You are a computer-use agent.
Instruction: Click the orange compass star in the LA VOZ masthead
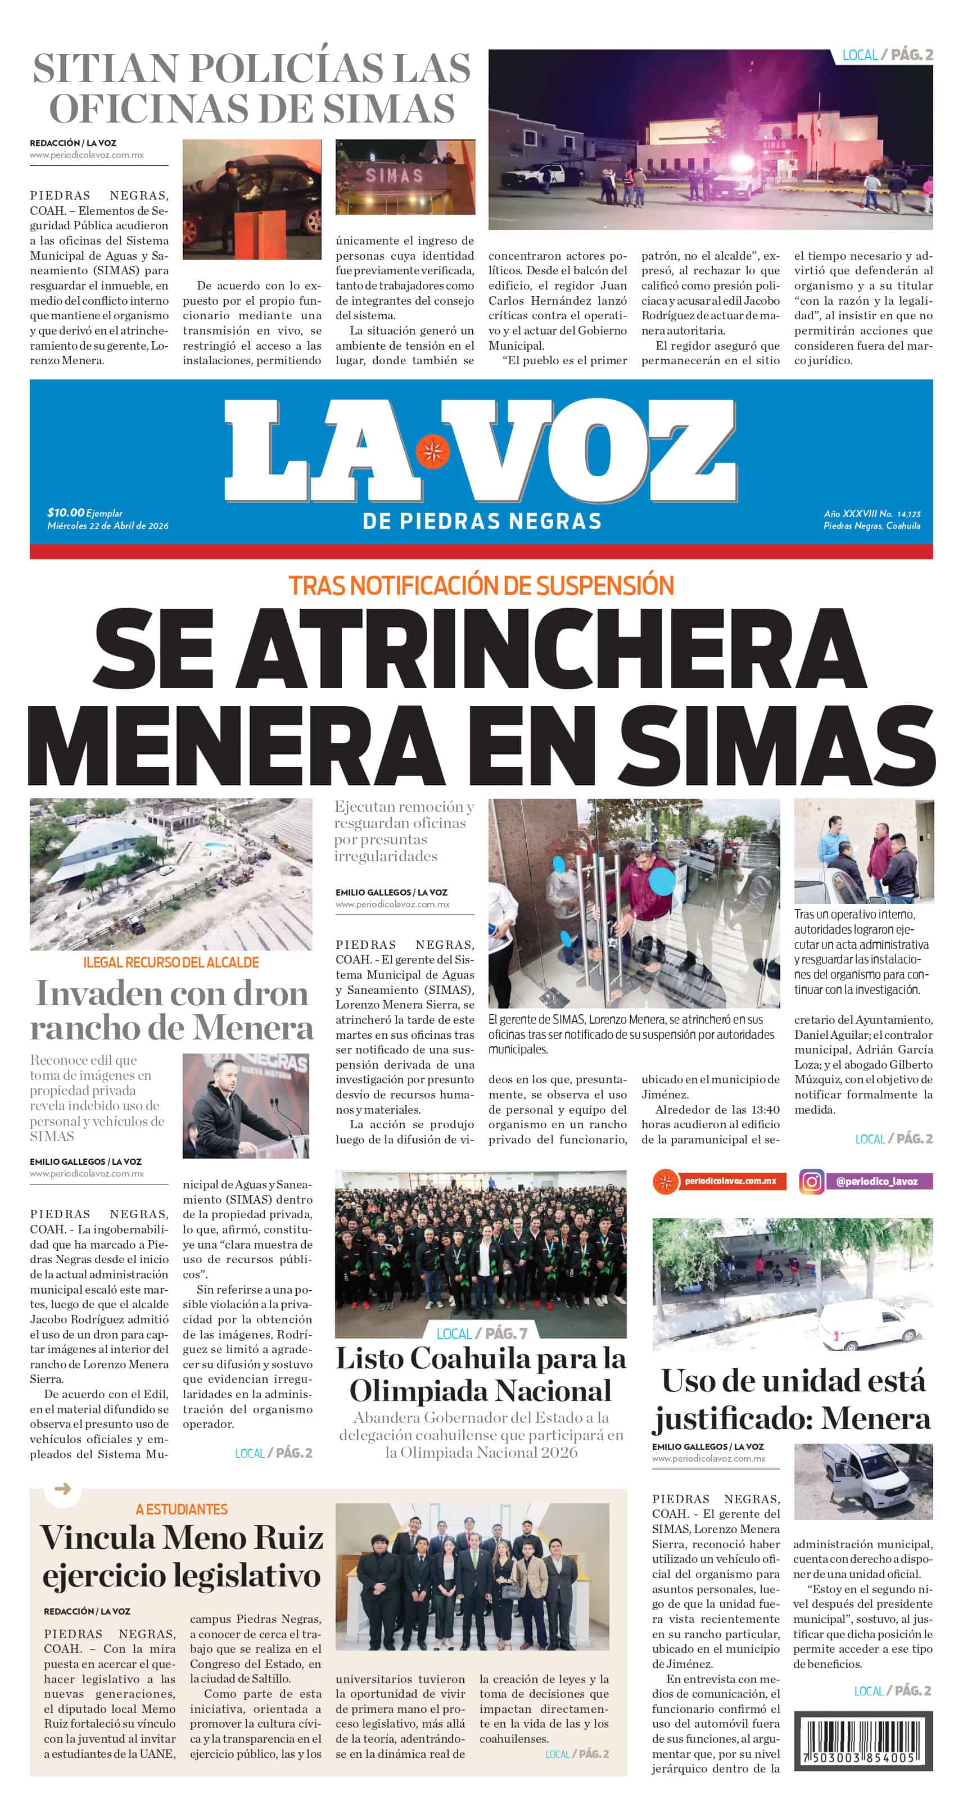tap(432, 451)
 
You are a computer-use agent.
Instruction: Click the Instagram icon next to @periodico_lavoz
tap(811, 1181)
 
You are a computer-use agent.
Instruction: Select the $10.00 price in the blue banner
tap(65, 512)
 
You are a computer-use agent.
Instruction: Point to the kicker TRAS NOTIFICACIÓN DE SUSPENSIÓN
tap(481, 586)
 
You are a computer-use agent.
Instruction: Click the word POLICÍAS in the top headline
tap(286, 68)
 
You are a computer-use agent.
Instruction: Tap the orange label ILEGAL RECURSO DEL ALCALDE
tap(171, 962)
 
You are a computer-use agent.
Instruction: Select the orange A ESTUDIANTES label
tap(182, 1509)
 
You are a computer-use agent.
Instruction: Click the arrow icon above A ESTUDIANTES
tap(62, 1489)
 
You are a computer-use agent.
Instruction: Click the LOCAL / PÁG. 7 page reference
tap(481, 1333)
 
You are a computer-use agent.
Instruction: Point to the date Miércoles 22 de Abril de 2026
tap(108, 526)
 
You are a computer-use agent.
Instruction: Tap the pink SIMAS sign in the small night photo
tap(394, 176)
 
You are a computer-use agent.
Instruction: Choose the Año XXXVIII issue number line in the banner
tap(871, 514)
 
